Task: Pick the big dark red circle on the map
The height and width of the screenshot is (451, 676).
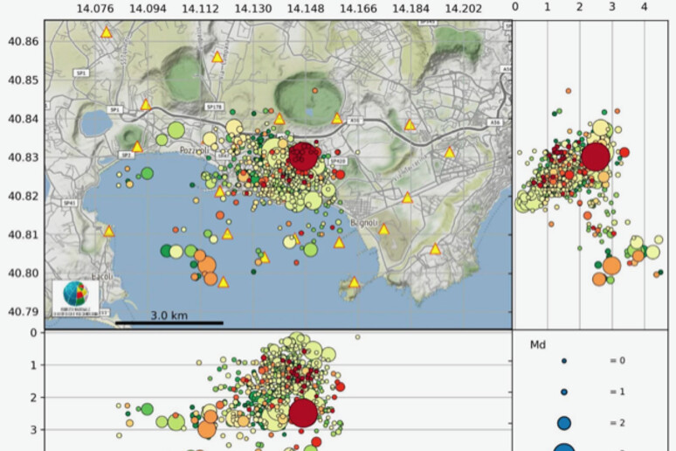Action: [303, 158]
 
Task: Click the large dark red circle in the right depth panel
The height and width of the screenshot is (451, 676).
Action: [595, 156]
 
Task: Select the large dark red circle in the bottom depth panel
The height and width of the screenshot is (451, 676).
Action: [303, 412]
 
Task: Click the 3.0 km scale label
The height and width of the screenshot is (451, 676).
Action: [169, 316]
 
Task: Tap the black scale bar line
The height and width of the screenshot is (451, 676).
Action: [169, 323]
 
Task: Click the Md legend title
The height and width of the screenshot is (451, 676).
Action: [539, 345]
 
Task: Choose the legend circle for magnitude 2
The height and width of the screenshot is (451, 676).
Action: [564, 422]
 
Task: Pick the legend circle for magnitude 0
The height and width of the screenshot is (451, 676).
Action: [564, 360]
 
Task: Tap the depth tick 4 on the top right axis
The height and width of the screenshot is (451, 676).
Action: [644, 7]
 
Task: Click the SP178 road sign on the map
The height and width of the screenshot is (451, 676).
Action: [215, 107]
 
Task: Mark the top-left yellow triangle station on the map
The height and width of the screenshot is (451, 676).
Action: [106, 32]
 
